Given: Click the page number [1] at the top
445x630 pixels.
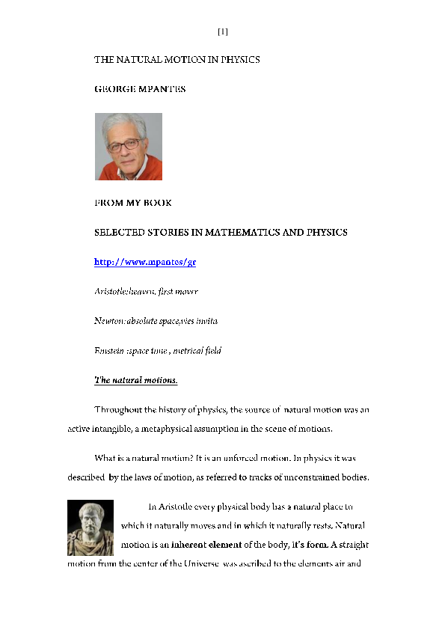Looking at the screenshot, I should [x=222, y=31].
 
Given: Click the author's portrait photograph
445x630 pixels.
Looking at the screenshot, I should [x=128, y=147].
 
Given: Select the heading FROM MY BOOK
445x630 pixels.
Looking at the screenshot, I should [x=132, y=203].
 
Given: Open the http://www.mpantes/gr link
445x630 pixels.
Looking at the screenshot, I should [x=144, y=262].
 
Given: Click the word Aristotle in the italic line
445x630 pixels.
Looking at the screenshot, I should [x=111, y=291].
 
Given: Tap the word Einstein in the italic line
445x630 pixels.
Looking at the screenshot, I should [x=110, y=350].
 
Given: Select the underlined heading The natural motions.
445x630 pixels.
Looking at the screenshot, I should [x=135, y=380].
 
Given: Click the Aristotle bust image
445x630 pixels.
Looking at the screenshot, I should [x=90, y=527].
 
